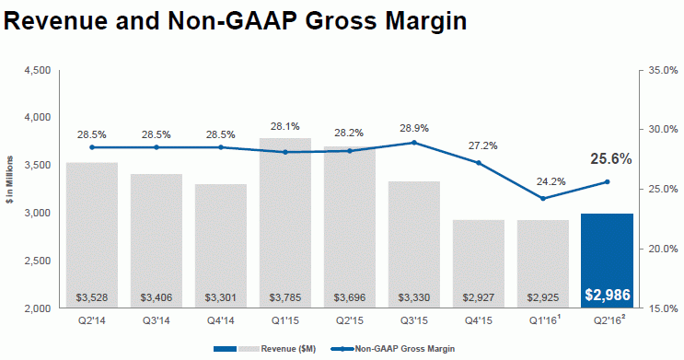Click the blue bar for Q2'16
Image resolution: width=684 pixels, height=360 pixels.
click(608, 261)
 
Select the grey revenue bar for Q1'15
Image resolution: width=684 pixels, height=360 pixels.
click(285, 223)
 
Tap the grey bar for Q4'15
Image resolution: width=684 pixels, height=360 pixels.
click(479, 264)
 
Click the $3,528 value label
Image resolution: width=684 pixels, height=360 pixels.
click(92, 297)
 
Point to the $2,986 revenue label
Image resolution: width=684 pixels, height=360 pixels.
click(608, 295)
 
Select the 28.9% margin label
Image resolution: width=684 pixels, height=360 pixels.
click(414, 128)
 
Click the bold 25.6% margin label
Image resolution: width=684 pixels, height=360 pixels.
click(610, 159)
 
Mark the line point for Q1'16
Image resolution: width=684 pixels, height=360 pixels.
click(542, 199)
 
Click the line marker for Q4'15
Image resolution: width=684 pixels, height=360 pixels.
click(479, 163)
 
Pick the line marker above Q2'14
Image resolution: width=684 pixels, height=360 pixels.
click(92, 147)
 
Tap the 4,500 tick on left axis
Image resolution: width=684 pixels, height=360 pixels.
click(40, 70)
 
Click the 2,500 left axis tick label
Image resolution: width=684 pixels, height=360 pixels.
click(40, 261)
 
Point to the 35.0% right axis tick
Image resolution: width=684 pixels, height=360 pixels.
click(663, 70)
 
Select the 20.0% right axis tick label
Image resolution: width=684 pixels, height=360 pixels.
click(663, 249)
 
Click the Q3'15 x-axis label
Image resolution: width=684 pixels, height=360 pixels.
click(414, 320)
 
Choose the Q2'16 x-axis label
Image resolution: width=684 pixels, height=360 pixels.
click(609, 319)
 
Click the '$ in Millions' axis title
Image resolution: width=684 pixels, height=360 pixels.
click(9, 180)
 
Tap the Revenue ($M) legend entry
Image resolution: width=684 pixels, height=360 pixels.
click(265, 349)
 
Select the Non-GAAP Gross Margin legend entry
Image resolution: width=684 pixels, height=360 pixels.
click(393, 349)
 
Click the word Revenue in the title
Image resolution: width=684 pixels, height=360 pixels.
click(56, 20)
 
